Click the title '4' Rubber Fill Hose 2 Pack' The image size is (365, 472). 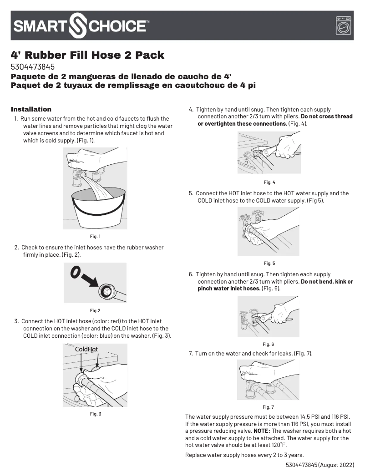pos(87,55)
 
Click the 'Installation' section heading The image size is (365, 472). pos(31,109)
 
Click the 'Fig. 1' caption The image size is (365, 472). pos(95,236)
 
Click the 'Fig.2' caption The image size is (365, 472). pos(95,310)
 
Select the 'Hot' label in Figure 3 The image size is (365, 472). pos(93,349)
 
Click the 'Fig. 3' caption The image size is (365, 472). pos(95,414)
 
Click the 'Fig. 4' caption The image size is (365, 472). pos(269,182)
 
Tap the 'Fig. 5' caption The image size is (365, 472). pos(269,263)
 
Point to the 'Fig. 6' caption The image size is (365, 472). pos(269,344)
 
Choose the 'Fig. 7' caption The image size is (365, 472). pos(269,407)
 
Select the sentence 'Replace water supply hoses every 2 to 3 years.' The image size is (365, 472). pos(244,455)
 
